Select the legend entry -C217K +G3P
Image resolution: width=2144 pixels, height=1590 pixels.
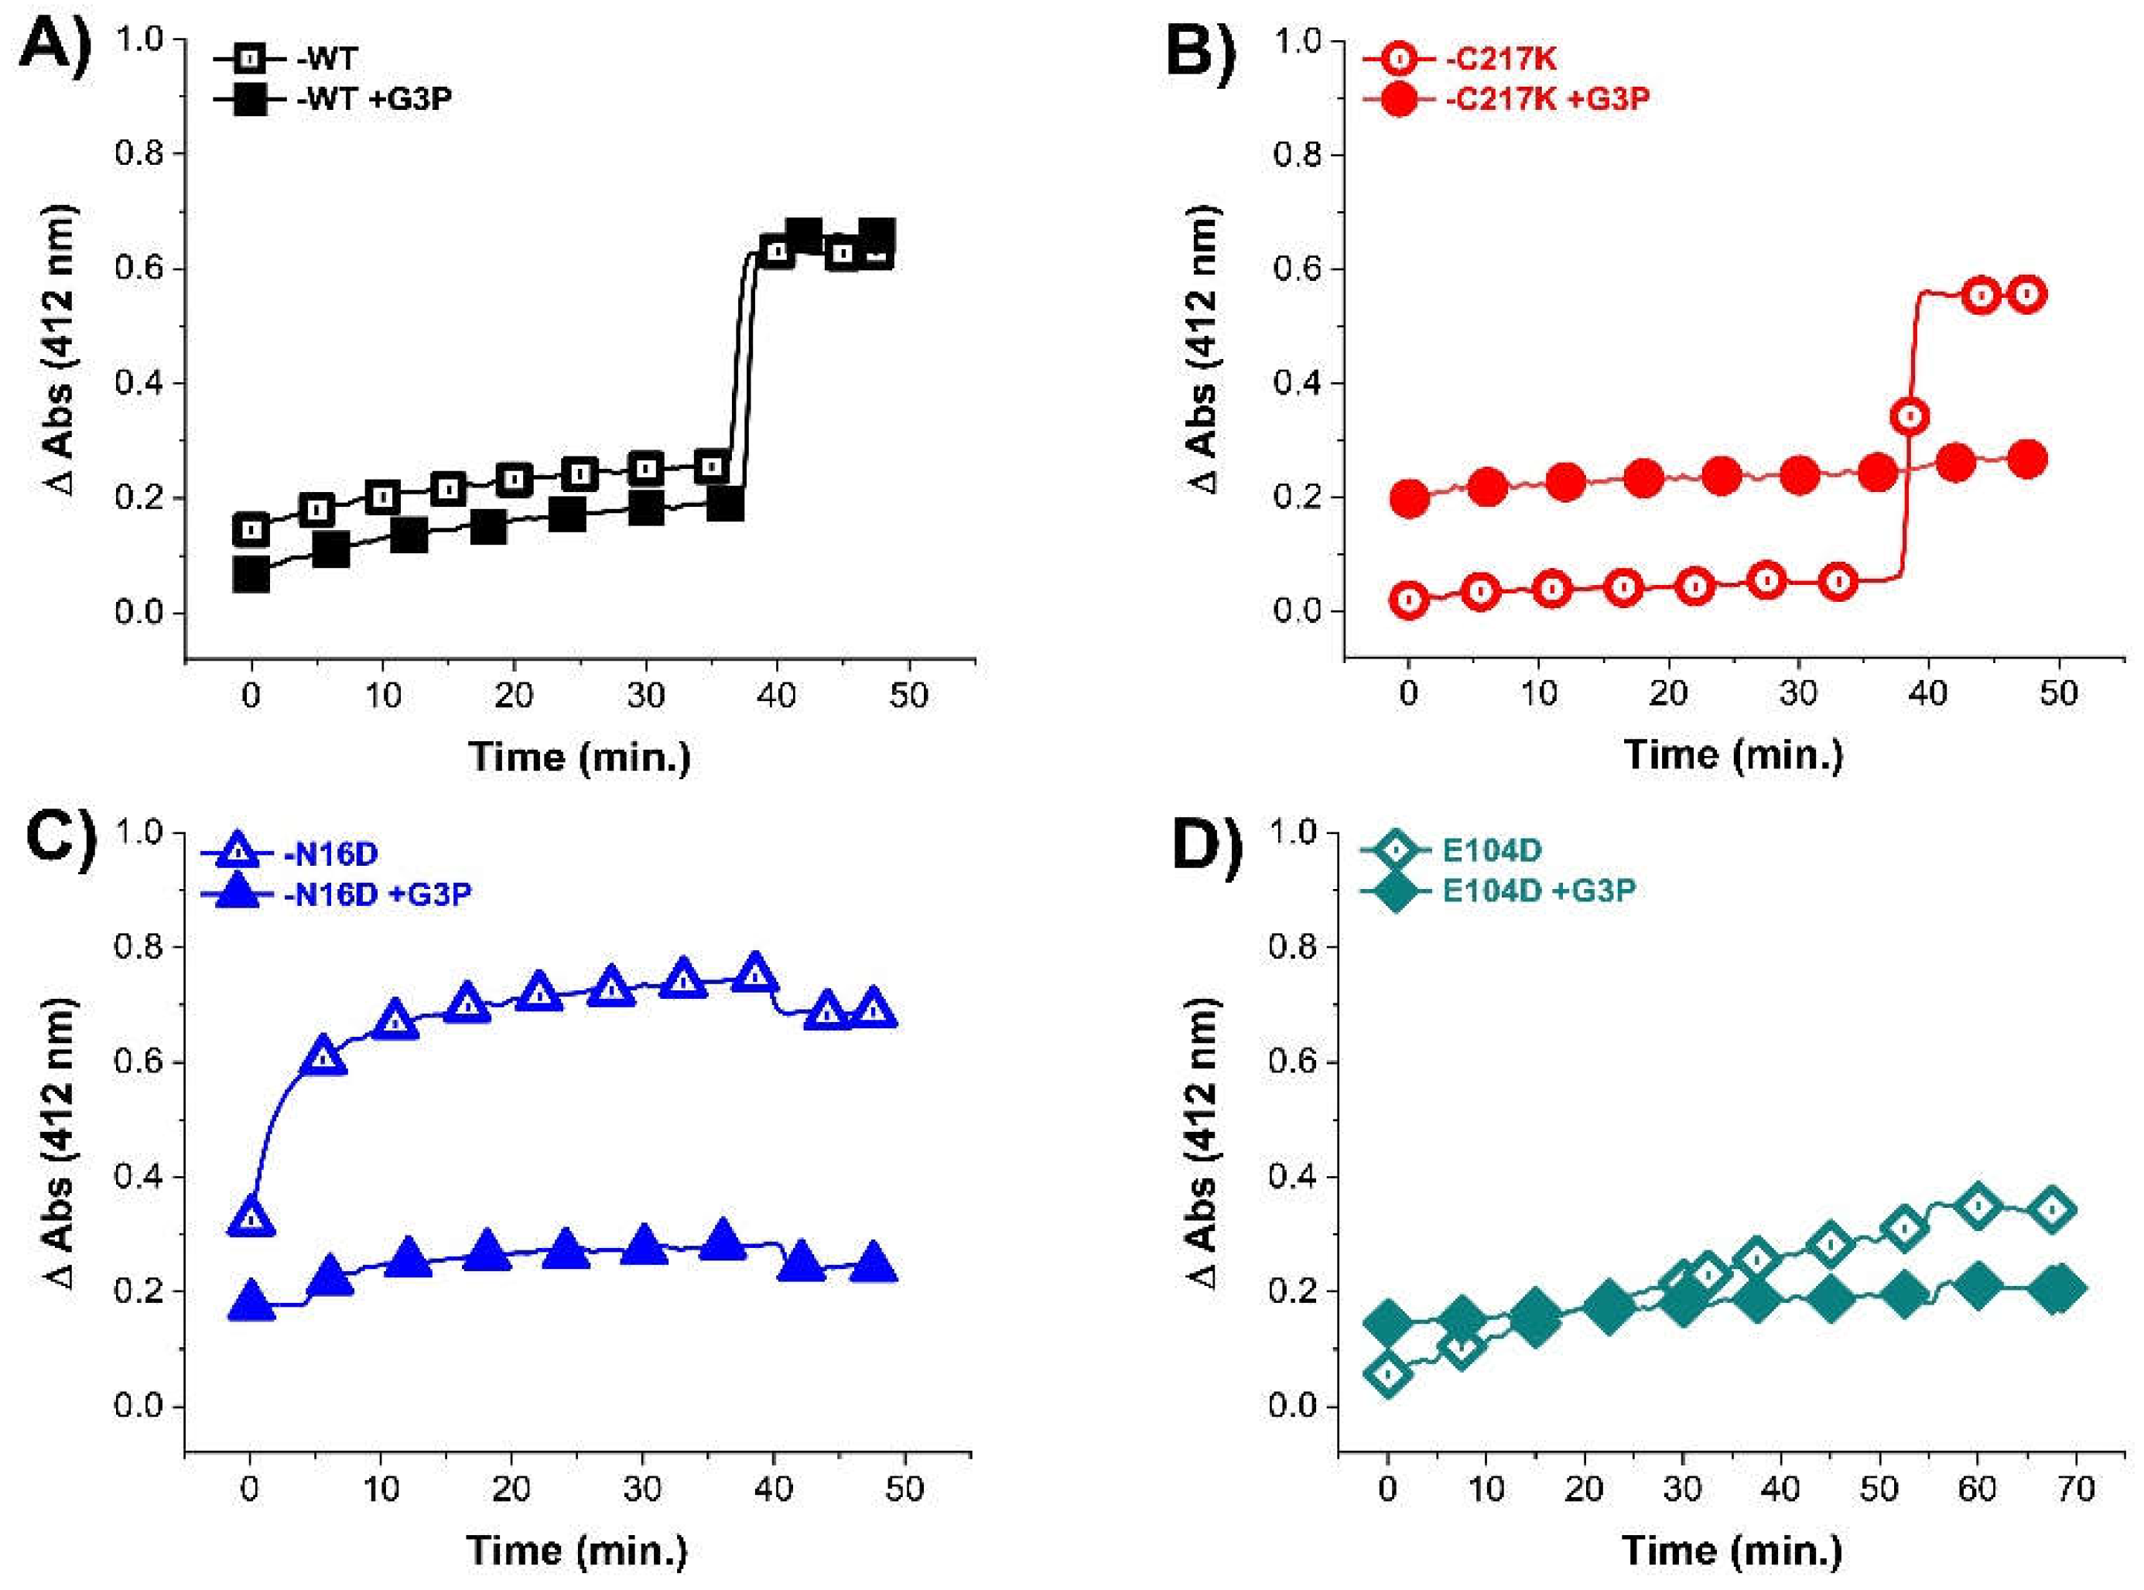click(1547, 99)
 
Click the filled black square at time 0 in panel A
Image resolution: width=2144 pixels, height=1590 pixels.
click(251, 575)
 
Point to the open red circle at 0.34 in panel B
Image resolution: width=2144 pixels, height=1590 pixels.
click(1911, 417)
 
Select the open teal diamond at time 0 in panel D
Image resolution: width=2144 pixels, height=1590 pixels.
click(1387, 1373)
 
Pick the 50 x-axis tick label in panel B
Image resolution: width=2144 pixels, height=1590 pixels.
click(2058, 693)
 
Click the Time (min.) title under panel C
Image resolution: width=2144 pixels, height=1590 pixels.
click(578, 1551)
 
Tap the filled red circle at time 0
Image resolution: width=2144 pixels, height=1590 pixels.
click(1410, 498)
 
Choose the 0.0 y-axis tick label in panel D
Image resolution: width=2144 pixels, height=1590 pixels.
click(1298, 1406)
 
